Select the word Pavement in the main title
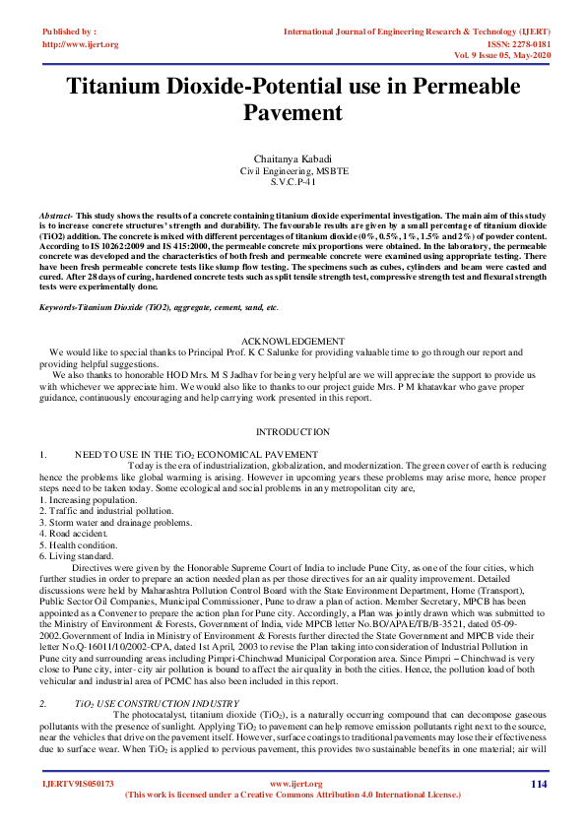pyautogui.click(x=293, y=112)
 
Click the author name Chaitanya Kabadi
pyautogui.click(x=293, y=159)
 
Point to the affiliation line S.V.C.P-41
pyautogui.click(x=293, y=182)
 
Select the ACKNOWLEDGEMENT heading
pyautogui.click(x=293, y=340)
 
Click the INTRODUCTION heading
pyautogui.click(x=293, y=432)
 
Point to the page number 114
pyautogui.click(x=538, y=784)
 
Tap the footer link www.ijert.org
pyautogui.click(x=293, y=785)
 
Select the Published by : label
pyautogui.click(x=68, y=32)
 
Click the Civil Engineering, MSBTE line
pyautogui.click(x=293, y=171)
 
